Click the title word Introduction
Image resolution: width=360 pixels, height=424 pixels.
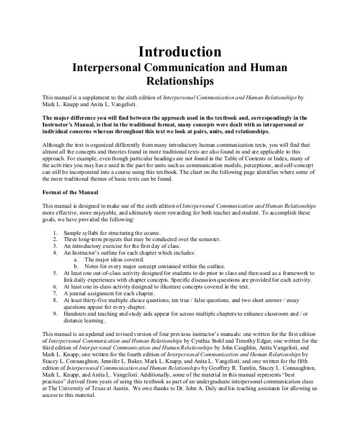[x=180, y=53]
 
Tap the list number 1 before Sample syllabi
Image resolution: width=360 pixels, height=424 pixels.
[x=53, y=233]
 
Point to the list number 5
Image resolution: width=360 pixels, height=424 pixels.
[x=53, y=272]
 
